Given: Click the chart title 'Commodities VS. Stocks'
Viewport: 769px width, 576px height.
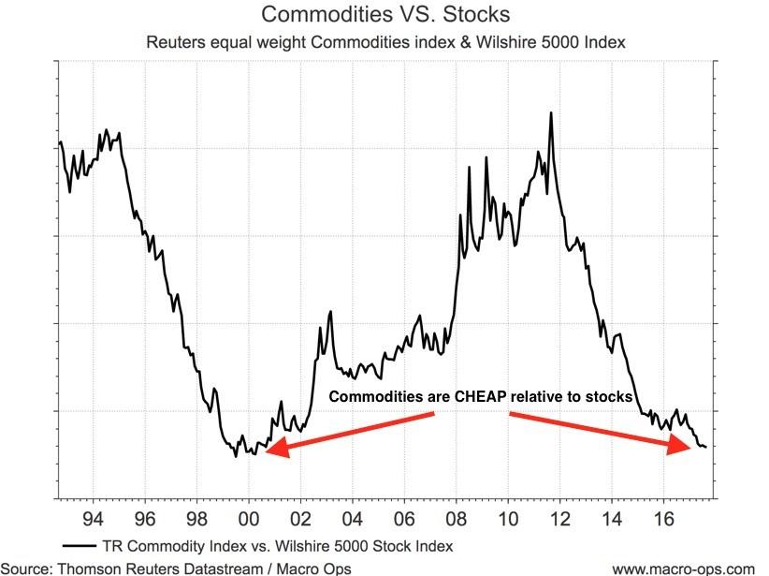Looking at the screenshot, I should (384, 15).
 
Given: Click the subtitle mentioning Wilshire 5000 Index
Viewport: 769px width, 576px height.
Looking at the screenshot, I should (384, 42).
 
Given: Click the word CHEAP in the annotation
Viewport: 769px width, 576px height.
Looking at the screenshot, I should (481, 397).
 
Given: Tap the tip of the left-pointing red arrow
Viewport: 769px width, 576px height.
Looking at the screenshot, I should (266, 452).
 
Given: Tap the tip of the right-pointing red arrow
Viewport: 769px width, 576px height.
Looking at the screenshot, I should (689, 447).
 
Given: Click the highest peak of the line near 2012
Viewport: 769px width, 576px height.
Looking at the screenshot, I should (551, 112).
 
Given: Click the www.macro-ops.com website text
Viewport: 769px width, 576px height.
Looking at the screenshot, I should (683, 568).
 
